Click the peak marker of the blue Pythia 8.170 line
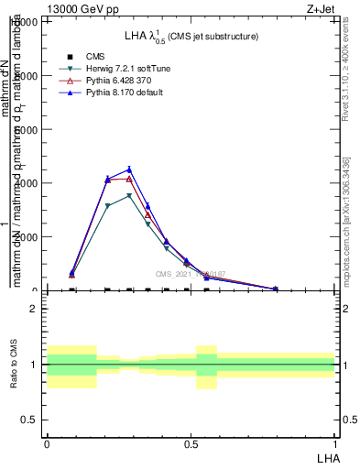point(129,169)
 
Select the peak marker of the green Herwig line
point(129,195)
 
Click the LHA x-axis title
point(326,456)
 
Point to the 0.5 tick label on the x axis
point(191,443)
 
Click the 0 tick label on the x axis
point(47,443)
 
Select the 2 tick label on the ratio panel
point(33,309)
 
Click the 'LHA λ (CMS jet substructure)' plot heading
point(191,36)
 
